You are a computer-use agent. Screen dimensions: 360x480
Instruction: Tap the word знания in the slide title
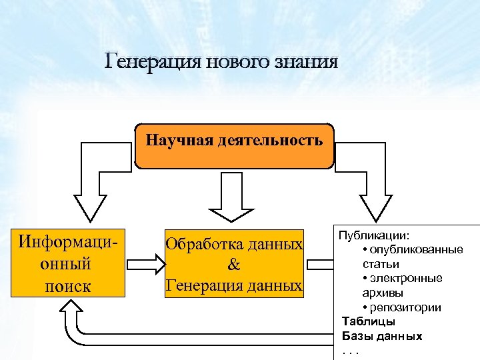point(307,63)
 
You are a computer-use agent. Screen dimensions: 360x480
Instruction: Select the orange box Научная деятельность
point(234,145)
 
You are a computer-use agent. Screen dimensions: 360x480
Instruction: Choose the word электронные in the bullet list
point(407,278)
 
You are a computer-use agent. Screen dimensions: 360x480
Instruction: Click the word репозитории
point(406,307)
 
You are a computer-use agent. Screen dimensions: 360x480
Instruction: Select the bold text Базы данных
point(381,336)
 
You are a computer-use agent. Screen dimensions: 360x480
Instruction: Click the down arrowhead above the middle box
point(231,210)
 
